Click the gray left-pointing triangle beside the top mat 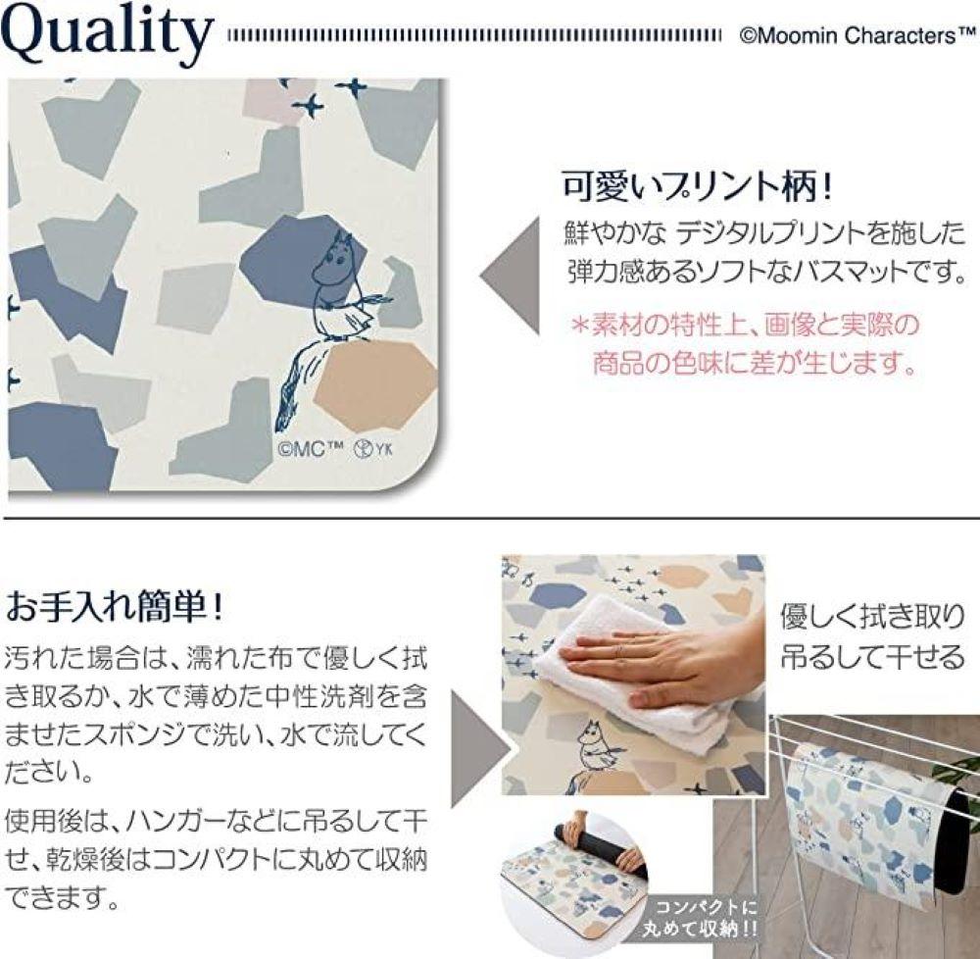512,275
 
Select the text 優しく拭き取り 871,618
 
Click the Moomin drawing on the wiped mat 594,750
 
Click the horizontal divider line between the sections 490,517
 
